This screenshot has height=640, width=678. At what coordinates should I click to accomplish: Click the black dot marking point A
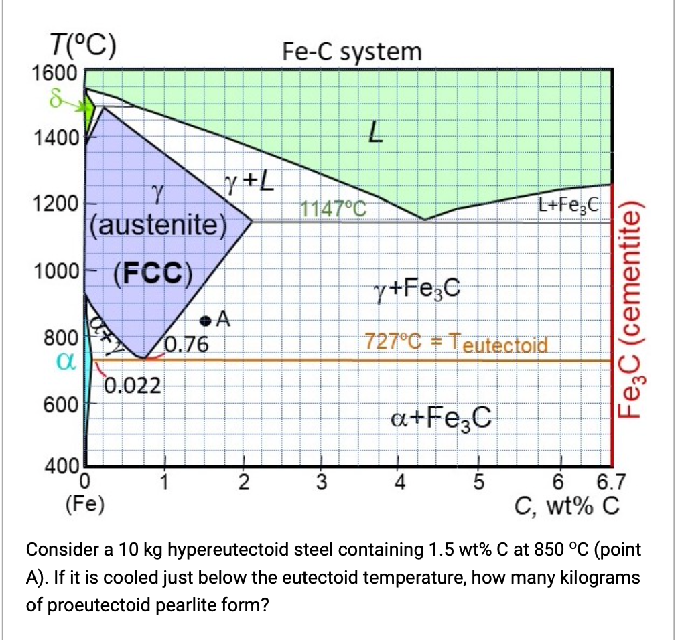[x=206, y=321]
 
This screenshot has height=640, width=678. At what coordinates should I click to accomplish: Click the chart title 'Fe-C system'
[x=352, y=52]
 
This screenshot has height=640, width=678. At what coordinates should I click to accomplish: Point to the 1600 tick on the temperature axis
[x=55, y=73]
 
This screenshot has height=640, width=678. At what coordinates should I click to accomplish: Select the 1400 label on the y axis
[x=55, y=139]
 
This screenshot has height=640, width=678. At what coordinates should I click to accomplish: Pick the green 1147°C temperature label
[x=334, y=209]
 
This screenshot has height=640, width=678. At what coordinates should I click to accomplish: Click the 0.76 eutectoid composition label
[x=187, y=345]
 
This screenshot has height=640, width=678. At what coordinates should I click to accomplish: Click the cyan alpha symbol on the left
[x=66, y=362]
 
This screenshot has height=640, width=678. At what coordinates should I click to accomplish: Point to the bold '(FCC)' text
[x=153, y=274]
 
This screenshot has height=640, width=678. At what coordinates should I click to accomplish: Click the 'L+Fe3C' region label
[x=569, y=204]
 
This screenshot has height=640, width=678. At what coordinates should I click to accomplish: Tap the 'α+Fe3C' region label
[x=441, y=418]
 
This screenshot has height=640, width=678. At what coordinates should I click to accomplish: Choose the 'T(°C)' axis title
[x=83, y=46]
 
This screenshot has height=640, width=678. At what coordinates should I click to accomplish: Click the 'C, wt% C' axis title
[x=567, y=505]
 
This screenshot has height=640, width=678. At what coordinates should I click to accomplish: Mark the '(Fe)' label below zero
[x=84, y=504]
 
